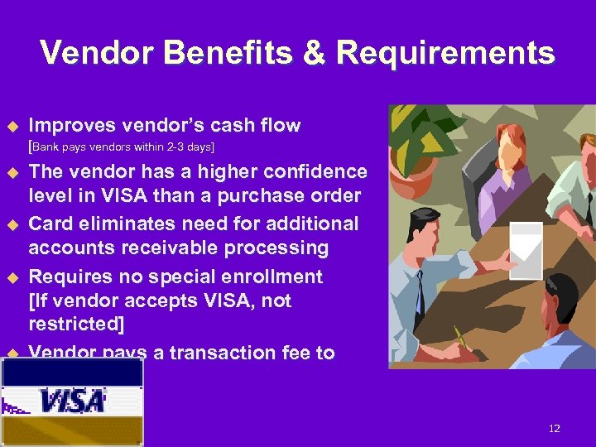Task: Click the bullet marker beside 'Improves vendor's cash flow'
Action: click(x=12, y=126)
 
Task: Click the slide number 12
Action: click(x=554, y=428)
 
